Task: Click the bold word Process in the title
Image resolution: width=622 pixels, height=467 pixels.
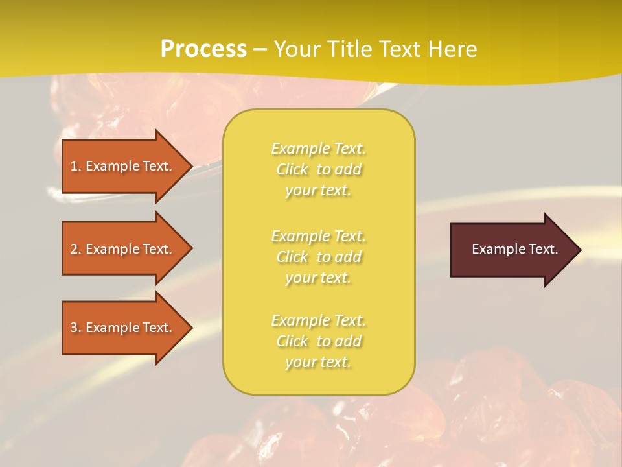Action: point(203,49)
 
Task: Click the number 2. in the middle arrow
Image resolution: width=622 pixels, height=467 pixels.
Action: point(76,249)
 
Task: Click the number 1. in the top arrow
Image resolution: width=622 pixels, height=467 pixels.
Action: point(76,166)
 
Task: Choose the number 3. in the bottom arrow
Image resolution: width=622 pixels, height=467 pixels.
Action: point(76,328)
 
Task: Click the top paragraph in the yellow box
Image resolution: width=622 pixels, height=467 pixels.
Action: point(318,169)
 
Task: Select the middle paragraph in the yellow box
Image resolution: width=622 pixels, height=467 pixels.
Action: point(318,257)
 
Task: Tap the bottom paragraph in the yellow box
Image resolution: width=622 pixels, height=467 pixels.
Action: point(318,341)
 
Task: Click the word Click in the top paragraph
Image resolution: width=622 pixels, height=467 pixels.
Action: point(292,169)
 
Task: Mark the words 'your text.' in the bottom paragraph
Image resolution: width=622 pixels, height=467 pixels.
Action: point(318,362)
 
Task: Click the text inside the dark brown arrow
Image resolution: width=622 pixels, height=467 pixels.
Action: point(514,249)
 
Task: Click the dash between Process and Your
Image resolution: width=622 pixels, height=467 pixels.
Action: point(260,49)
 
